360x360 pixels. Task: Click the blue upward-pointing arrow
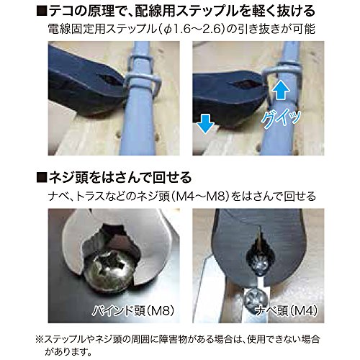tap(282, 89)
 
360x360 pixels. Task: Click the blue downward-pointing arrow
tap(205, 124)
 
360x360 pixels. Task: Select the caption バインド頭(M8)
tap(133, 311)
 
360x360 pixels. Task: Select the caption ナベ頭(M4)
tap(286, 311)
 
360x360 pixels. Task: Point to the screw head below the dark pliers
tap(256, 299)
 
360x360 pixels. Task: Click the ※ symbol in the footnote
tap(39, 339)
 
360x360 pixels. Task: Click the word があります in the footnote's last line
tap(68, 352)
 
